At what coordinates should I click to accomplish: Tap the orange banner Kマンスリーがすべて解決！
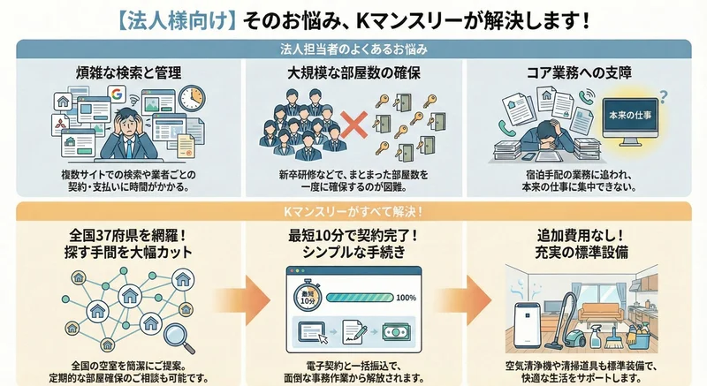point(353,213)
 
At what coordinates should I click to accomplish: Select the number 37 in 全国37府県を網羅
point(108,237)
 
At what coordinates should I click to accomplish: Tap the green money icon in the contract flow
point(395,335)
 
